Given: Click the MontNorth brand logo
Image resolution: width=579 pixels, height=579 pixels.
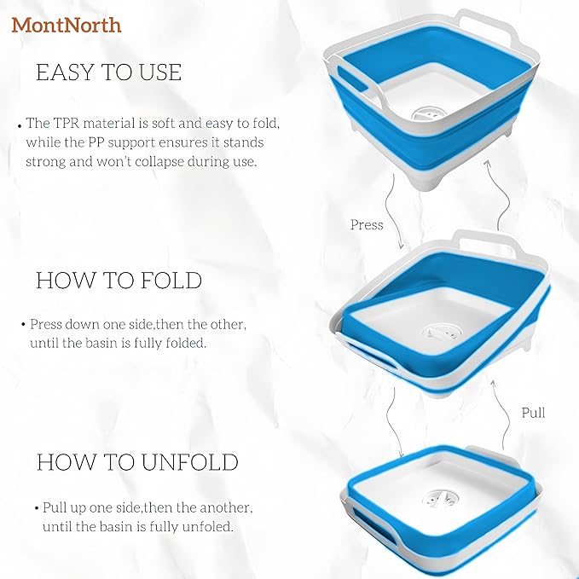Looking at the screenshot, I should click(67, 25).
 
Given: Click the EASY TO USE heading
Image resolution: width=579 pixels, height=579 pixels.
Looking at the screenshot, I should click(108, 72).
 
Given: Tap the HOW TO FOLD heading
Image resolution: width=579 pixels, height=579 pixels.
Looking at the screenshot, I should click(119, 281).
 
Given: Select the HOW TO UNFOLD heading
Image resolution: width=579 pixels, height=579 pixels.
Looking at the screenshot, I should click(136, 462).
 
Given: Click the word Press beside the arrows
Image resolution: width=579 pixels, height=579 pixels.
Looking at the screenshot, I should click(367, 225).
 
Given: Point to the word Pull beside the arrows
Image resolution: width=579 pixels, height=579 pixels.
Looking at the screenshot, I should click(533, 413).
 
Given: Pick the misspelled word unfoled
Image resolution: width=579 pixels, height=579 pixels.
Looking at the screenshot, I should click(211, 527).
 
